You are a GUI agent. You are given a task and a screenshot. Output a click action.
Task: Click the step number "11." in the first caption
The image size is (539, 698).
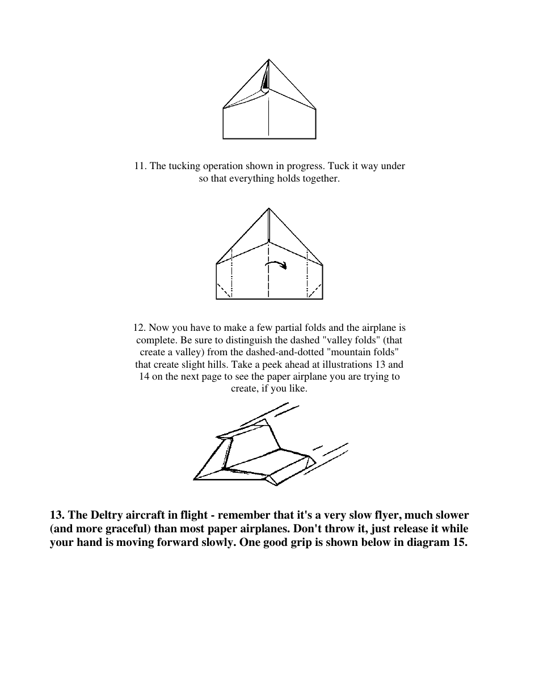point(140,166)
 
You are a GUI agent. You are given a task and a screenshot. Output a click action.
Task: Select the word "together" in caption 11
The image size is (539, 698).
point(320,179)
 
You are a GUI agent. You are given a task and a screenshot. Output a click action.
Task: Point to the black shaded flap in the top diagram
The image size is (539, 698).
point(265,82)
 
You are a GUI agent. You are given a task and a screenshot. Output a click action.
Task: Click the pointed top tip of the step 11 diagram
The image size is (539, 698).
point(269,60)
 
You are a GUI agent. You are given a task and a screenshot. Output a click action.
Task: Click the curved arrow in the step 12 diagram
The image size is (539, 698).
point(276,265)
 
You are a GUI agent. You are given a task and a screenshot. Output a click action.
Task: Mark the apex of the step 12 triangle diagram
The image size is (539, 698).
point(269,209)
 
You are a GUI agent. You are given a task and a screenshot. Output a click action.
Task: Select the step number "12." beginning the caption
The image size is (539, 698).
point(140,328)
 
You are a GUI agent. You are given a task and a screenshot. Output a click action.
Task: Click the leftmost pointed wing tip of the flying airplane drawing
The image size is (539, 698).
point(195,479)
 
